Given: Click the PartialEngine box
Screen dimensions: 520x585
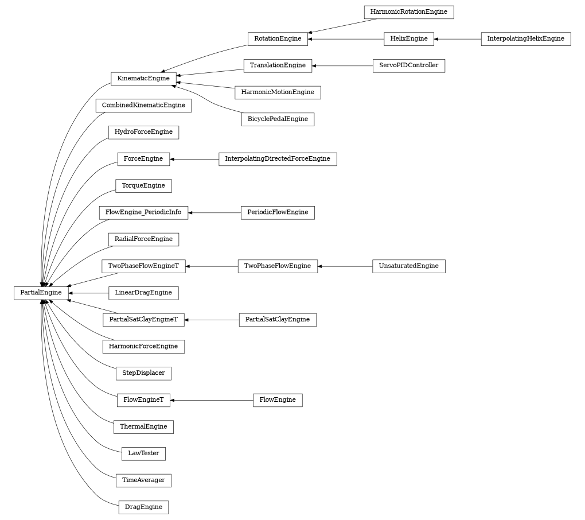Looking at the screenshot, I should [x=41, y=293].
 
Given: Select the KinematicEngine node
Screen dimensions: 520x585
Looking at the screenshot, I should [x=143, y=79].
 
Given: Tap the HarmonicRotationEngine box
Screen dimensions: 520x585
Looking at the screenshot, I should [x=408, y=12].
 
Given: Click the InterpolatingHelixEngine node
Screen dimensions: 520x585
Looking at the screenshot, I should [x=525, y=39].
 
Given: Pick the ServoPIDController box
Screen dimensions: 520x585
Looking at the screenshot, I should [x=408, y=65].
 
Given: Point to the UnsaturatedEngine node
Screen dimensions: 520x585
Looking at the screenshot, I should [x=408, y=266].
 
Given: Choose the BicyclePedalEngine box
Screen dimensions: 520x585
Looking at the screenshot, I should [x=278, y=119].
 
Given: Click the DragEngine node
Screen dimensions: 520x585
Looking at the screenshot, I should [x=143, y=507].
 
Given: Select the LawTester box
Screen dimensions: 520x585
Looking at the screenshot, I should [x=143, y=453].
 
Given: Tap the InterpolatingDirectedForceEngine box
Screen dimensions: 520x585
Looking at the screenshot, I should [x=278, y=159].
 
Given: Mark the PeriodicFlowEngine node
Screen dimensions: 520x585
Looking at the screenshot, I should [x=278, y=212].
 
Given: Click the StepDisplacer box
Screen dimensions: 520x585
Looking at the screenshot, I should [x=143, y=373].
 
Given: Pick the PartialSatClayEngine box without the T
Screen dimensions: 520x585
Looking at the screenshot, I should [x=278, y=320].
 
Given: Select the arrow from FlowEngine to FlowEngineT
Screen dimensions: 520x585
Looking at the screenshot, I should [x=212, y=400].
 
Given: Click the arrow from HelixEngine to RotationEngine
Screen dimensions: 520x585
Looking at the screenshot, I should [x=346, y=39].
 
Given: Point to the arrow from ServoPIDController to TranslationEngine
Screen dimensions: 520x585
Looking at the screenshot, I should [x=342, y=65].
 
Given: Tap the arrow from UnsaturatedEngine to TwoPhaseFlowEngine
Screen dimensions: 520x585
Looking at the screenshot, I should [x=345, y=266].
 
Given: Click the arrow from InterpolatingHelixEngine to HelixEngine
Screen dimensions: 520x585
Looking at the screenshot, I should [x=457, y=39].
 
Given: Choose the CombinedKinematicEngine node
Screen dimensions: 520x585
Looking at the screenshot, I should [x=143, y=106].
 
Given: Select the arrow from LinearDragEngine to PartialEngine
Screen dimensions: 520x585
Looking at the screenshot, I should [x=88, y=293].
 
